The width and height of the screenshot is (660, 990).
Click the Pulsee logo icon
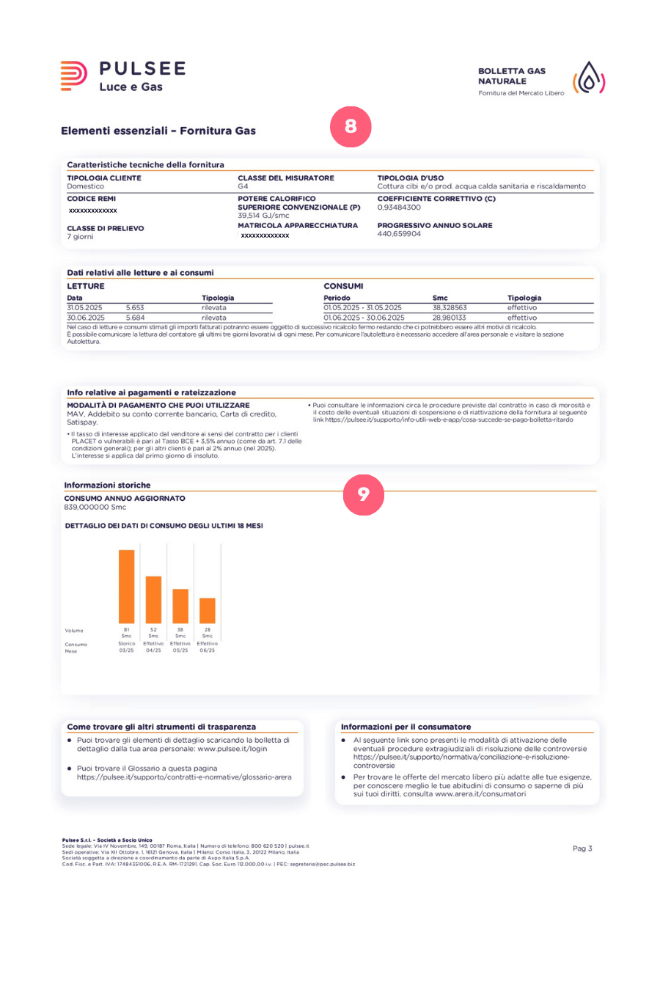coord(73,76)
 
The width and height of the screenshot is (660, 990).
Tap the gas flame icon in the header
coord(589,78)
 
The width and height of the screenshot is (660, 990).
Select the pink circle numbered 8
coord(351,126)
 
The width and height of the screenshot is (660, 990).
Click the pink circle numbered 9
coord(363,494)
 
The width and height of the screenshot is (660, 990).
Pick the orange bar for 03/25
coord(127,587)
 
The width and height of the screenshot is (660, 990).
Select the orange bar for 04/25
coord(153,599)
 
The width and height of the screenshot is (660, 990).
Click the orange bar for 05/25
coord(180,606)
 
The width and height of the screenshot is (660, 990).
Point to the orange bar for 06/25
coord(208,610)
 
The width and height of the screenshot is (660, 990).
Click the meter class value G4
coord(243,186)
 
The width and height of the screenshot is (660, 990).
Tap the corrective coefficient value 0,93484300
coord(399,208)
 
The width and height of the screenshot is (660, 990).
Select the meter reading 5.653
coord(135,308)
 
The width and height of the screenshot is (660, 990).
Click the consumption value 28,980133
coord(449,318)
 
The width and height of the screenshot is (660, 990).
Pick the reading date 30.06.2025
coord(85,318)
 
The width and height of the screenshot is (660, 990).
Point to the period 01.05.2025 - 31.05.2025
coord(362,308)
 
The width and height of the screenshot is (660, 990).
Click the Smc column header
coord(440,298)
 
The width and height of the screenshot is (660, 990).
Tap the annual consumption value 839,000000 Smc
coord(95,507)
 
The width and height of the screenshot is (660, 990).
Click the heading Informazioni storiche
coord(107,485)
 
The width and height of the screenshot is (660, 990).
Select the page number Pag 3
coord(582,848)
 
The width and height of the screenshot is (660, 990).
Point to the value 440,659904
coord(399,234)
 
